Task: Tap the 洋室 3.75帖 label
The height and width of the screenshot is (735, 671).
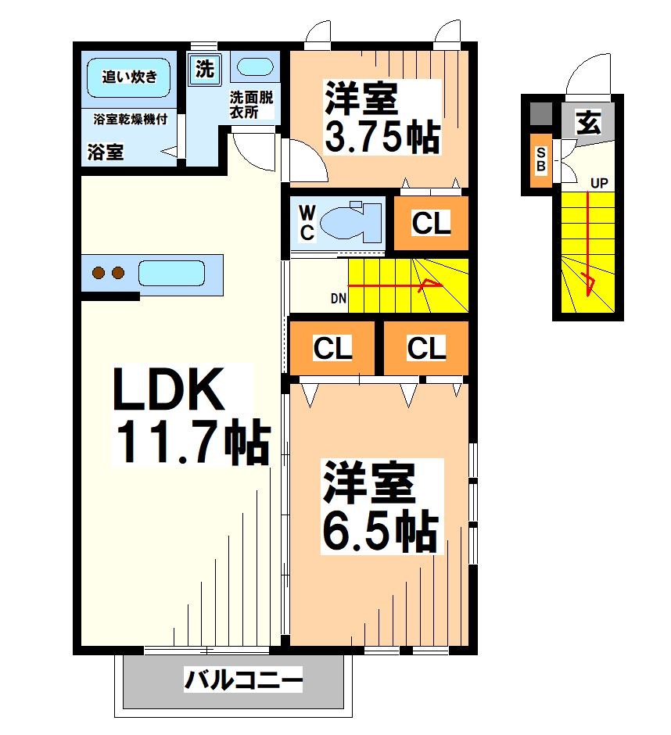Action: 381,117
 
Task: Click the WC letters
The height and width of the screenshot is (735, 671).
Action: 307,222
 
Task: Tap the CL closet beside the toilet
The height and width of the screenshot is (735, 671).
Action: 431,224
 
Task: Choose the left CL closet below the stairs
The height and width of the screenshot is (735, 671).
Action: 333,349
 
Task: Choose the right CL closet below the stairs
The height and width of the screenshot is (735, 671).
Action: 426,349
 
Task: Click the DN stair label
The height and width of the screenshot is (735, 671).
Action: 338,298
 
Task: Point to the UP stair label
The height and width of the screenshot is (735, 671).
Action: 598,184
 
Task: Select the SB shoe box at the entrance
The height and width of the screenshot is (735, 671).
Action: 540,160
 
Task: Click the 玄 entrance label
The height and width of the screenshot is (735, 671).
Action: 588,122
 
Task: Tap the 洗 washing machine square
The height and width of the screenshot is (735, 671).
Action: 205,69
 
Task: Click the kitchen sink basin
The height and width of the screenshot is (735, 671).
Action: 171,274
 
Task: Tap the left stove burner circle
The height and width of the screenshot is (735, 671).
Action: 99,273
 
